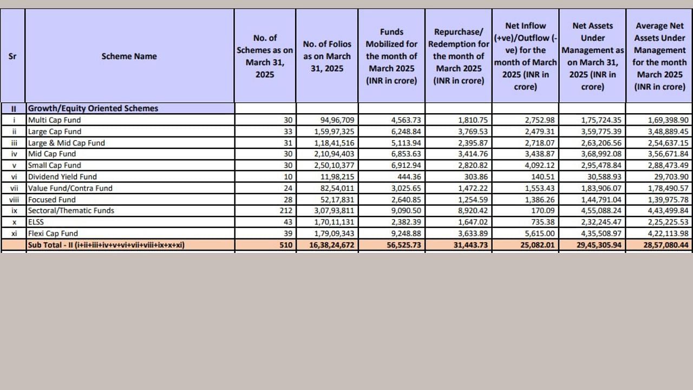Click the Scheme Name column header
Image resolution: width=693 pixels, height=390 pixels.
tap(129, 56)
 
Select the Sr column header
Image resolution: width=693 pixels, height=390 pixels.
tap(12, 56)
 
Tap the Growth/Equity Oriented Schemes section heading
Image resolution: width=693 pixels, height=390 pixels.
tap(93, 108)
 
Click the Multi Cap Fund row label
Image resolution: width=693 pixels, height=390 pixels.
tap(54, 120)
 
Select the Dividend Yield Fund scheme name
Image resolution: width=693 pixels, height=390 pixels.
tap(62, 177)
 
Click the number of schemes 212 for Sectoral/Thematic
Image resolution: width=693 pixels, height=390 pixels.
tap(286, 211)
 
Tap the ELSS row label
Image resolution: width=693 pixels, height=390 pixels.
tap(36, 222)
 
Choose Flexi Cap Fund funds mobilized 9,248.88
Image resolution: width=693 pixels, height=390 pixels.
tap(406, 233)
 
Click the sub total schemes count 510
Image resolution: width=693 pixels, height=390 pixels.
tap(286, 245)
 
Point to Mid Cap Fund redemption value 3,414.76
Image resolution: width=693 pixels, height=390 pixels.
tap(473, 154)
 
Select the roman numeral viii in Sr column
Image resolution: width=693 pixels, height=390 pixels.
tap(14, 200)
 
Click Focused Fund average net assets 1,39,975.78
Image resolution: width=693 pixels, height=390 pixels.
tap(668, 200)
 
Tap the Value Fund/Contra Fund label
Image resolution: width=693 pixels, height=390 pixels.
tap(70, 188)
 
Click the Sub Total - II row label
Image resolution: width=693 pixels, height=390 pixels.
tap(106, 245)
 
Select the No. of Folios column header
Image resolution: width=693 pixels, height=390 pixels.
tap(327, 56)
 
